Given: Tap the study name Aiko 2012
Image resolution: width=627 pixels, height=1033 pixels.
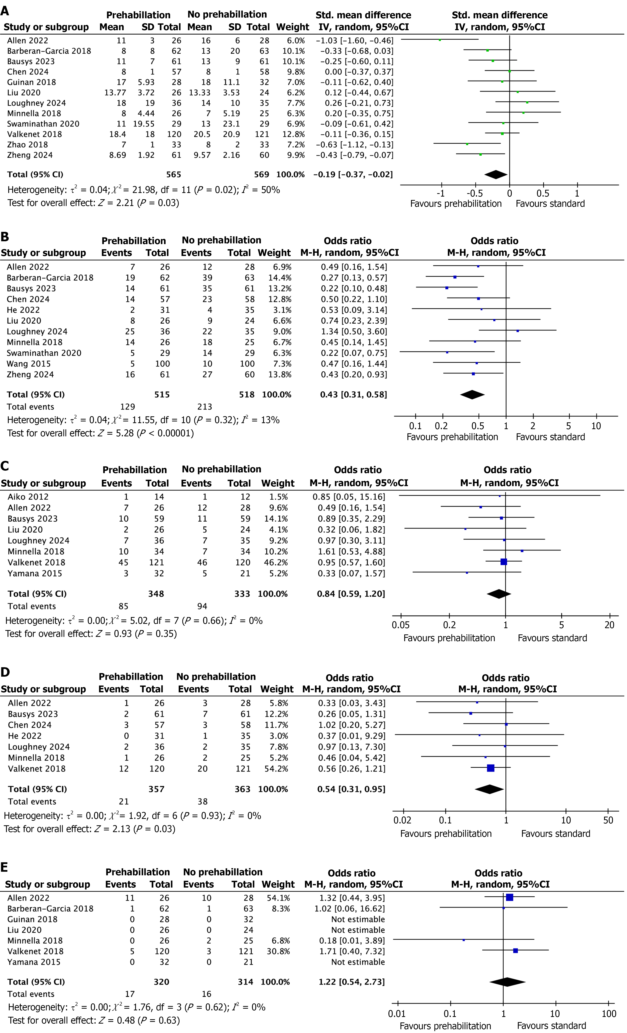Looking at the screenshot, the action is (28, 497).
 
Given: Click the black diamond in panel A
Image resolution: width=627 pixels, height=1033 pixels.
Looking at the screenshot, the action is (496, 174).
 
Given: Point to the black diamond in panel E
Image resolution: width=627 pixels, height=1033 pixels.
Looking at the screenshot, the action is (508, 982).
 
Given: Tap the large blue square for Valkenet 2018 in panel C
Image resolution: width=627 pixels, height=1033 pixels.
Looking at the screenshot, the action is (504, 562).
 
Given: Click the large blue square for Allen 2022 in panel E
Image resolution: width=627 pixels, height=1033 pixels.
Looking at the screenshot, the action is (510, 898).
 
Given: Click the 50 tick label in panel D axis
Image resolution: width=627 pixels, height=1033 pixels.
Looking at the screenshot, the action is (608, 820).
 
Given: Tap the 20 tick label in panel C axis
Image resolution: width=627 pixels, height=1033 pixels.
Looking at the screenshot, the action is (609, 625).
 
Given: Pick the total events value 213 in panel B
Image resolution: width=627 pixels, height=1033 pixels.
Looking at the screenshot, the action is (205, 407).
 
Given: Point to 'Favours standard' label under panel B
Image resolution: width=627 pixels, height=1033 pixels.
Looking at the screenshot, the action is (550, 437).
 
